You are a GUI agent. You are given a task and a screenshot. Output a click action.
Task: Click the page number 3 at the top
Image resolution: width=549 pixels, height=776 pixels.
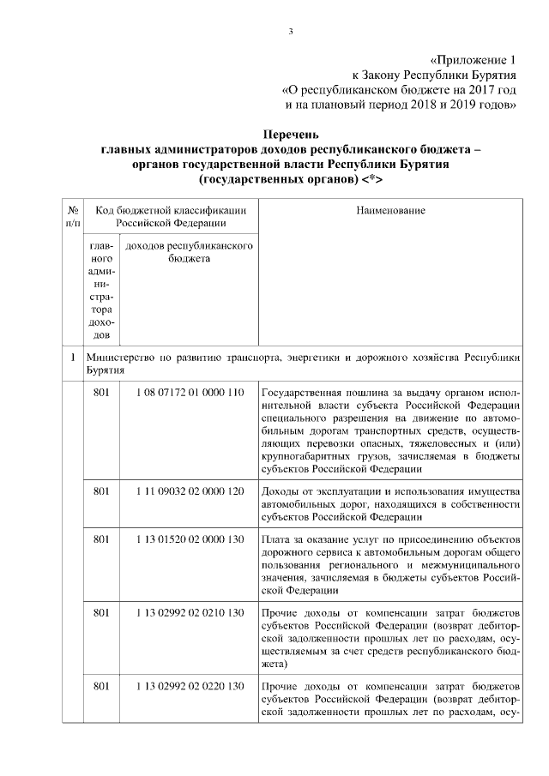click(291, 33)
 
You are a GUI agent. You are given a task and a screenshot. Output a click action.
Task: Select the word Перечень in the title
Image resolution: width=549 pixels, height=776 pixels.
click(291, 135)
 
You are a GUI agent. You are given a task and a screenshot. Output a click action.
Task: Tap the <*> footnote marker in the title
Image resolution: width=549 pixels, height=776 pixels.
click(371, 181)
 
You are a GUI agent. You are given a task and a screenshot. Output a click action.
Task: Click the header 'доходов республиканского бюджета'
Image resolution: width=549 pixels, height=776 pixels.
click(189, 252)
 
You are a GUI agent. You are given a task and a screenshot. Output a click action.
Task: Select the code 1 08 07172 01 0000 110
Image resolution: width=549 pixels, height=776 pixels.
click(190, 393)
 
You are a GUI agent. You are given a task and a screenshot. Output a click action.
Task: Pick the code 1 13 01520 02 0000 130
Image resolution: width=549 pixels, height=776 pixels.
click(190, 539)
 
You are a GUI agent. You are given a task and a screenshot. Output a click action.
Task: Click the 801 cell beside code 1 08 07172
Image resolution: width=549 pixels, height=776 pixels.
click(101, 393)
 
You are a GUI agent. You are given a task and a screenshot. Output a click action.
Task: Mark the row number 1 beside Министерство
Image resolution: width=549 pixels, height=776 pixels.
click(73, 356)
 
